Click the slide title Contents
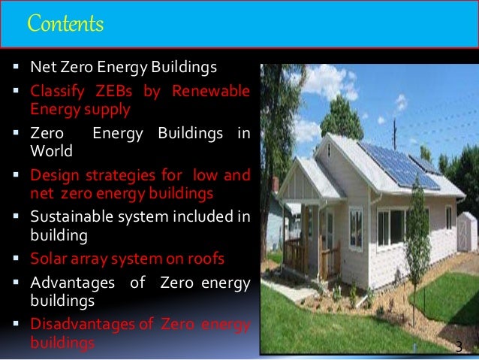[65, 25]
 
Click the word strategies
[113, 176]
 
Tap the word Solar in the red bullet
[46, 259]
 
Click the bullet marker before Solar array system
[18, 260]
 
